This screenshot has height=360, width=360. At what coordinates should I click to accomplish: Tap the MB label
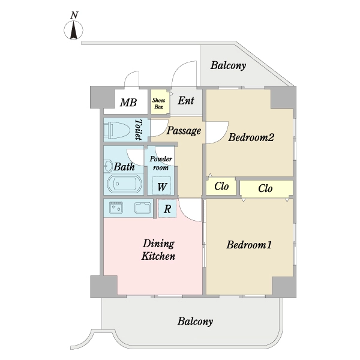[x=128, y=103]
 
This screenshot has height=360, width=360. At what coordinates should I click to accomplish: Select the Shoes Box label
[x=158, y=103]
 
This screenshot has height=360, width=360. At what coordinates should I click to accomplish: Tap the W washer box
[x=162, y=186]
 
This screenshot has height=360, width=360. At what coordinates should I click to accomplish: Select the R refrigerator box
[x=167, y=209]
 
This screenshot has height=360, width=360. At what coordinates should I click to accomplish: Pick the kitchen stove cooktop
[x=116, y=208]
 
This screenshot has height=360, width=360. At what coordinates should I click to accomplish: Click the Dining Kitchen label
[x=158, y=250]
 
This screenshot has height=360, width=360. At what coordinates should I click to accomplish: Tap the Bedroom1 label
[x=250, y=245]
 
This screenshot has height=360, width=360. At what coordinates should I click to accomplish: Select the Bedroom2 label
[x=251, y=138]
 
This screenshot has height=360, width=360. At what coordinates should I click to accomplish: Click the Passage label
[x=184, y=131]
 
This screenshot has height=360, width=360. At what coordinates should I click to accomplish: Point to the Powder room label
[x=161, y=163]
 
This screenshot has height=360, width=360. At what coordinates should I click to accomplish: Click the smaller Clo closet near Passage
[x=222, y=187]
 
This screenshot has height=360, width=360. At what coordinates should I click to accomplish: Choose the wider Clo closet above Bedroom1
[x=266, y=188]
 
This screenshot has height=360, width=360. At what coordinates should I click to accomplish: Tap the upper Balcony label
[x=228, y=66]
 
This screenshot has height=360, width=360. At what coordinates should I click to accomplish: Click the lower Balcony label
[x=195, y=322]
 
